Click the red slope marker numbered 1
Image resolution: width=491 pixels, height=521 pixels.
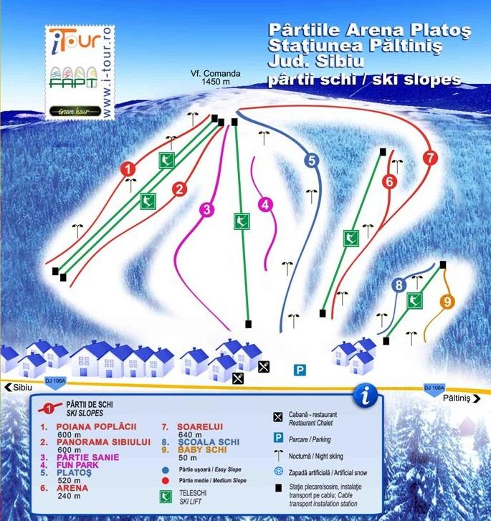point(128,170)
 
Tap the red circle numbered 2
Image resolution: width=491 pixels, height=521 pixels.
point(179,189)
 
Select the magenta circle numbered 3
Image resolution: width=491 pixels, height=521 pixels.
point(206,210)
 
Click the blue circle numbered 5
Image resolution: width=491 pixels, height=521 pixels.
point(310,161)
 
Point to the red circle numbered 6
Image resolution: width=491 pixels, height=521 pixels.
point(389,182)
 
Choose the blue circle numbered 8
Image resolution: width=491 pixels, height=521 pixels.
point(399,286)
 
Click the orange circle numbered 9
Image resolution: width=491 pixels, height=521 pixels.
point(448,302)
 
